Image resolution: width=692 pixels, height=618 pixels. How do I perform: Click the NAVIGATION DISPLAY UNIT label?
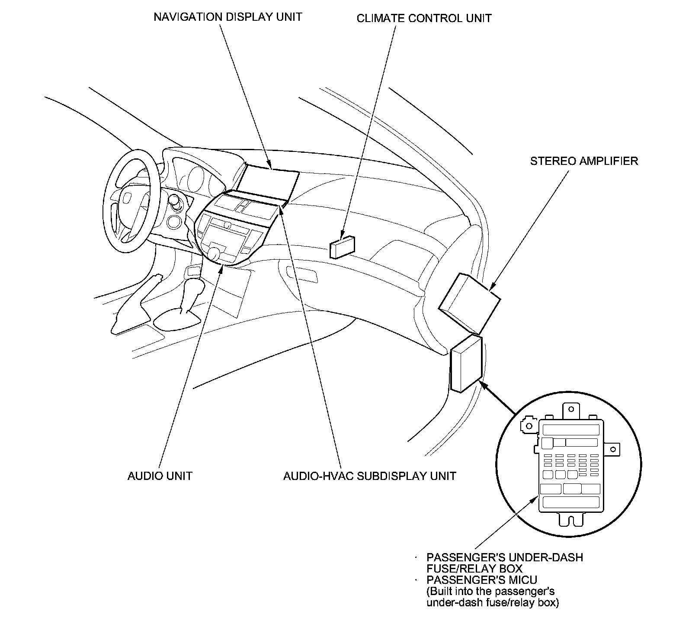click(227, 17)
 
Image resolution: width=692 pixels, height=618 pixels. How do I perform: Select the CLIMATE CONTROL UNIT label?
click(424, 18)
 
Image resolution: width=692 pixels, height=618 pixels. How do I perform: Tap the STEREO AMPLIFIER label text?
click(584, 161)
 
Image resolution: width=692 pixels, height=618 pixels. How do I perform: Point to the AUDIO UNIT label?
click(160, 476)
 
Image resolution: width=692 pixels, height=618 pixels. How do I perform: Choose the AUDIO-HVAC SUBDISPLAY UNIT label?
click(369, 476)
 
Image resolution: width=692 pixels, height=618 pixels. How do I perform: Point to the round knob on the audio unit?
click(213, 252)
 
